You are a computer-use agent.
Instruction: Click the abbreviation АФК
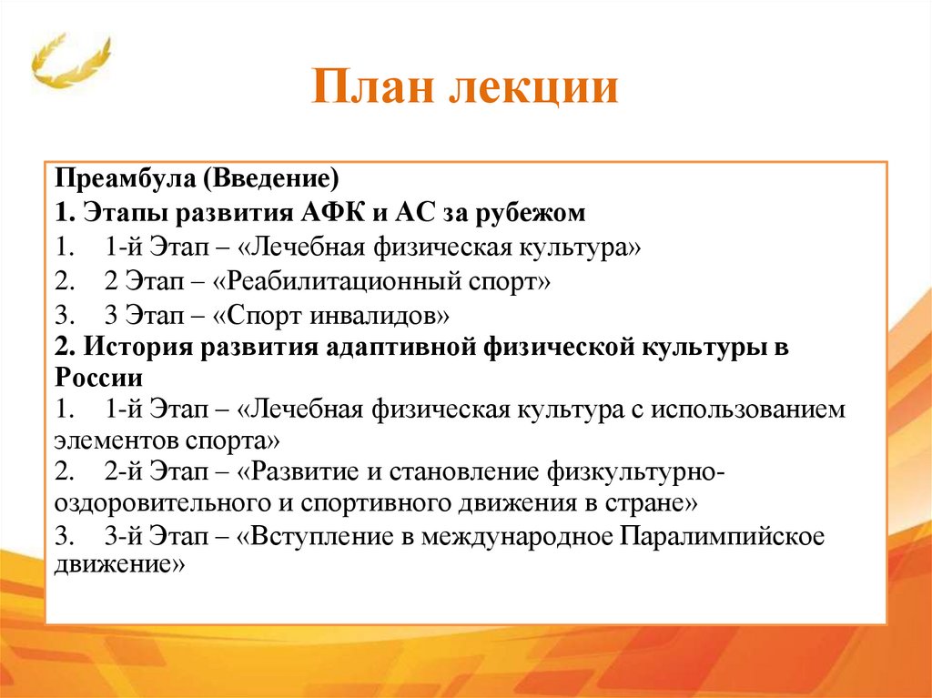tap(326, 213)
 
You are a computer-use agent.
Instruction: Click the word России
tap(98, 377)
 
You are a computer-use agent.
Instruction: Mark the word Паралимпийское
tap(723, 536)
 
